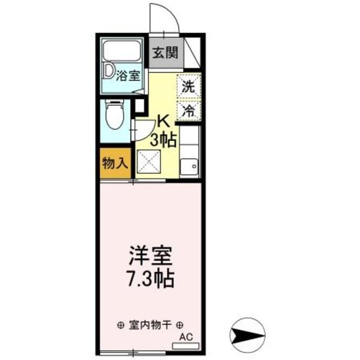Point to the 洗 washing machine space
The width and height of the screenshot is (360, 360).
coord(188,87)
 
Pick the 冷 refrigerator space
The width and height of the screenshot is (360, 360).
coord(188,110)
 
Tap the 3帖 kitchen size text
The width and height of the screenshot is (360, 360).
coord(164,138)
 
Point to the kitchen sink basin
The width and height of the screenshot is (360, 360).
coord(190,166)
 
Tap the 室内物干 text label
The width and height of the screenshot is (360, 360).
coord(150,325)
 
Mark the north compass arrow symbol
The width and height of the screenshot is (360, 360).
coord(247,331)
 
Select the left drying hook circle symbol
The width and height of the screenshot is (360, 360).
coord(121,325)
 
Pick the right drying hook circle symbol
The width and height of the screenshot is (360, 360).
coord(179,325)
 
